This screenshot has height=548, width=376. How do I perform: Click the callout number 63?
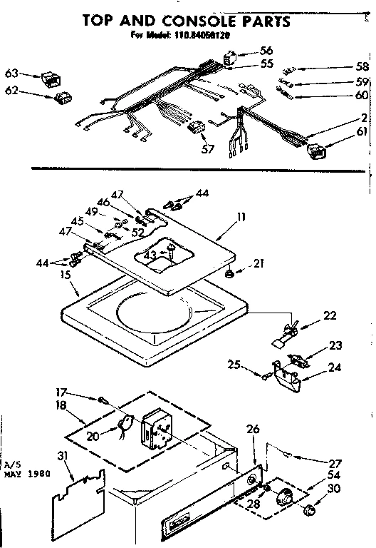tap(11, 73)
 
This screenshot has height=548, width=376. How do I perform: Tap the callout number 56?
tap(266, 51)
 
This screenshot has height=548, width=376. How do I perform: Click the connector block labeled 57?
tap(196, 128)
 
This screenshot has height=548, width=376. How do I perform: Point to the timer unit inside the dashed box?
tap(158, 427)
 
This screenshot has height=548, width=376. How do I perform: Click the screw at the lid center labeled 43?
tap(170, 250)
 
